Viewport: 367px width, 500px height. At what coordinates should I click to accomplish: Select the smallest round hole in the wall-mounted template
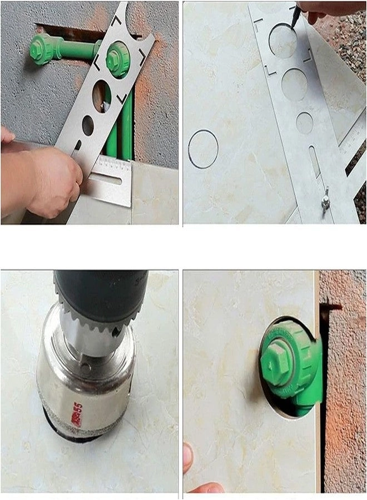click(x=88, y=126)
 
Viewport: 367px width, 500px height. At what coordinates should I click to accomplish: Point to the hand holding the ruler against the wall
click(x=50, y=181)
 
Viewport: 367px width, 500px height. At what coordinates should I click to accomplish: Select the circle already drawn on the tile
click(x=203, y=149)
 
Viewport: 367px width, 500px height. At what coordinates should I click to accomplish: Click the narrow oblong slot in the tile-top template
click(x=315, y=161)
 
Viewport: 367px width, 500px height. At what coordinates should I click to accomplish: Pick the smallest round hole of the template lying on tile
click(x=304, y=122)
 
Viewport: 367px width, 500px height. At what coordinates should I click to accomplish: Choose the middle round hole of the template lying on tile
click(x=294, y=84)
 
